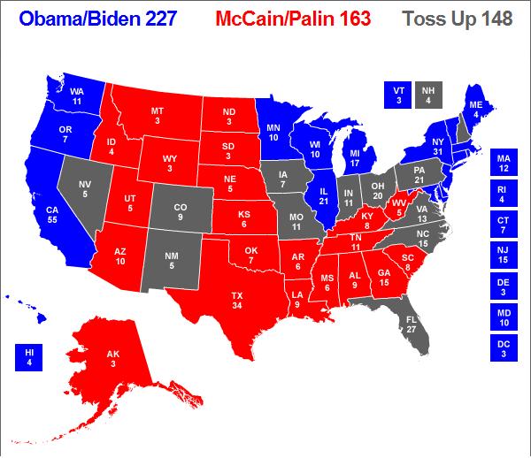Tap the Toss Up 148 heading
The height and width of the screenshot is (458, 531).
pos(469,19)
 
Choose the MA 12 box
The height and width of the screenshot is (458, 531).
pos(504,163)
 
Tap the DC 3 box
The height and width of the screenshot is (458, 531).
pos(504,347)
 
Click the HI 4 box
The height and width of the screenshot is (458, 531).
pos(27,358)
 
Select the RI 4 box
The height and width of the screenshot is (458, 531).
pos(504,194)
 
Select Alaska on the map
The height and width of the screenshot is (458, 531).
pos(113,358)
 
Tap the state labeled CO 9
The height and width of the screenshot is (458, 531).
pos(180,212)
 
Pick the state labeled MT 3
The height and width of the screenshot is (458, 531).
pos(158,115)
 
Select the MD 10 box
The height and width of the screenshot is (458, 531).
pos(504,316)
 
